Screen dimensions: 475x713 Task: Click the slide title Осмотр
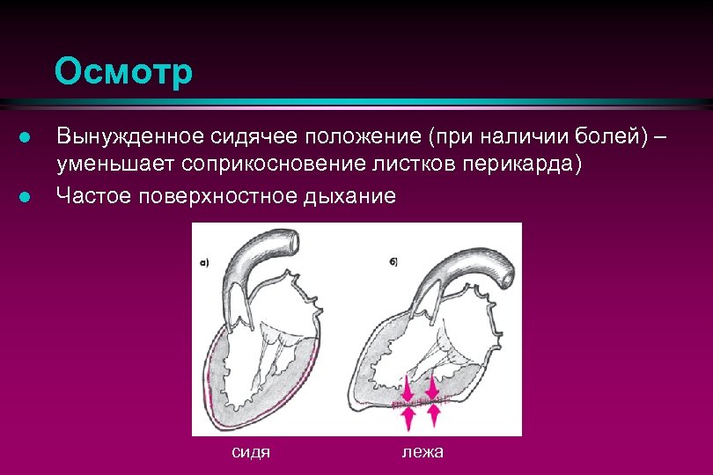(x=122, y=72)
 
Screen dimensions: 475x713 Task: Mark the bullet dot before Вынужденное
(x=26, y=138)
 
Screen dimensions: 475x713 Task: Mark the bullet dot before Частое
(x=26, y=196)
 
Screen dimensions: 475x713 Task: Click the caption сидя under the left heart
(x=250, y=452)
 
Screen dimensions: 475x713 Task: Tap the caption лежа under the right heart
(x=423, y=452)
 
